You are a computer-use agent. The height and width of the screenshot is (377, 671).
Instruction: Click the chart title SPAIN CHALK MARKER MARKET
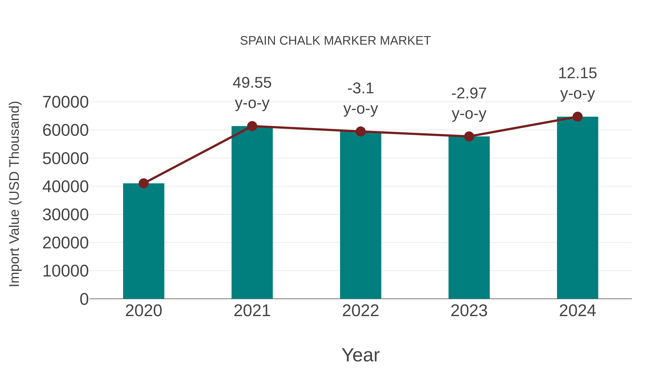point(335,41)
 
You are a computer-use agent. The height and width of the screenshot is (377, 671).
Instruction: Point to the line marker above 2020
point(144,183)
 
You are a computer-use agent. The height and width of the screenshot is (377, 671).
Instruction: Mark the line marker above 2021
point(252,126)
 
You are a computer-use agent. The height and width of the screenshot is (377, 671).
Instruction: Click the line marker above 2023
point(469,136)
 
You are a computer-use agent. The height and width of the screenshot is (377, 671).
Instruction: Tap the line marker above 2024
point(577,117)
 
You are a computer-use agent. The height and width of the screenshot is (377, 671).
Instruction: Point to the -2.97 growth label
point(469,94)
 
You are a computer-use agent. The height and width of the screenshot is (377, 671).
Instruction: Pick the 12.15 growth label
point(577,73)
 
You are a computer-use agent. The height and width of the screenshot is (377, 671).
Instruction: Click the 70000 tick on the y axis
point(65,102)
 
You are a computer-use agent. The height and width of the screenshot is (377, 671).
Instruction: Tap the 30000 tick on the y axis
point(65,215)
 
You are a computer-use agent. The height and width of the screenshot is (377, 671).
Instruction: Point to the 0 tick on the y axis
point(84,299)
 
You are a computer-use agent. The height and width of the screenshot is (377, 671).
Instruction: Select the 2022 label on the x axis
point(360,311)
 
